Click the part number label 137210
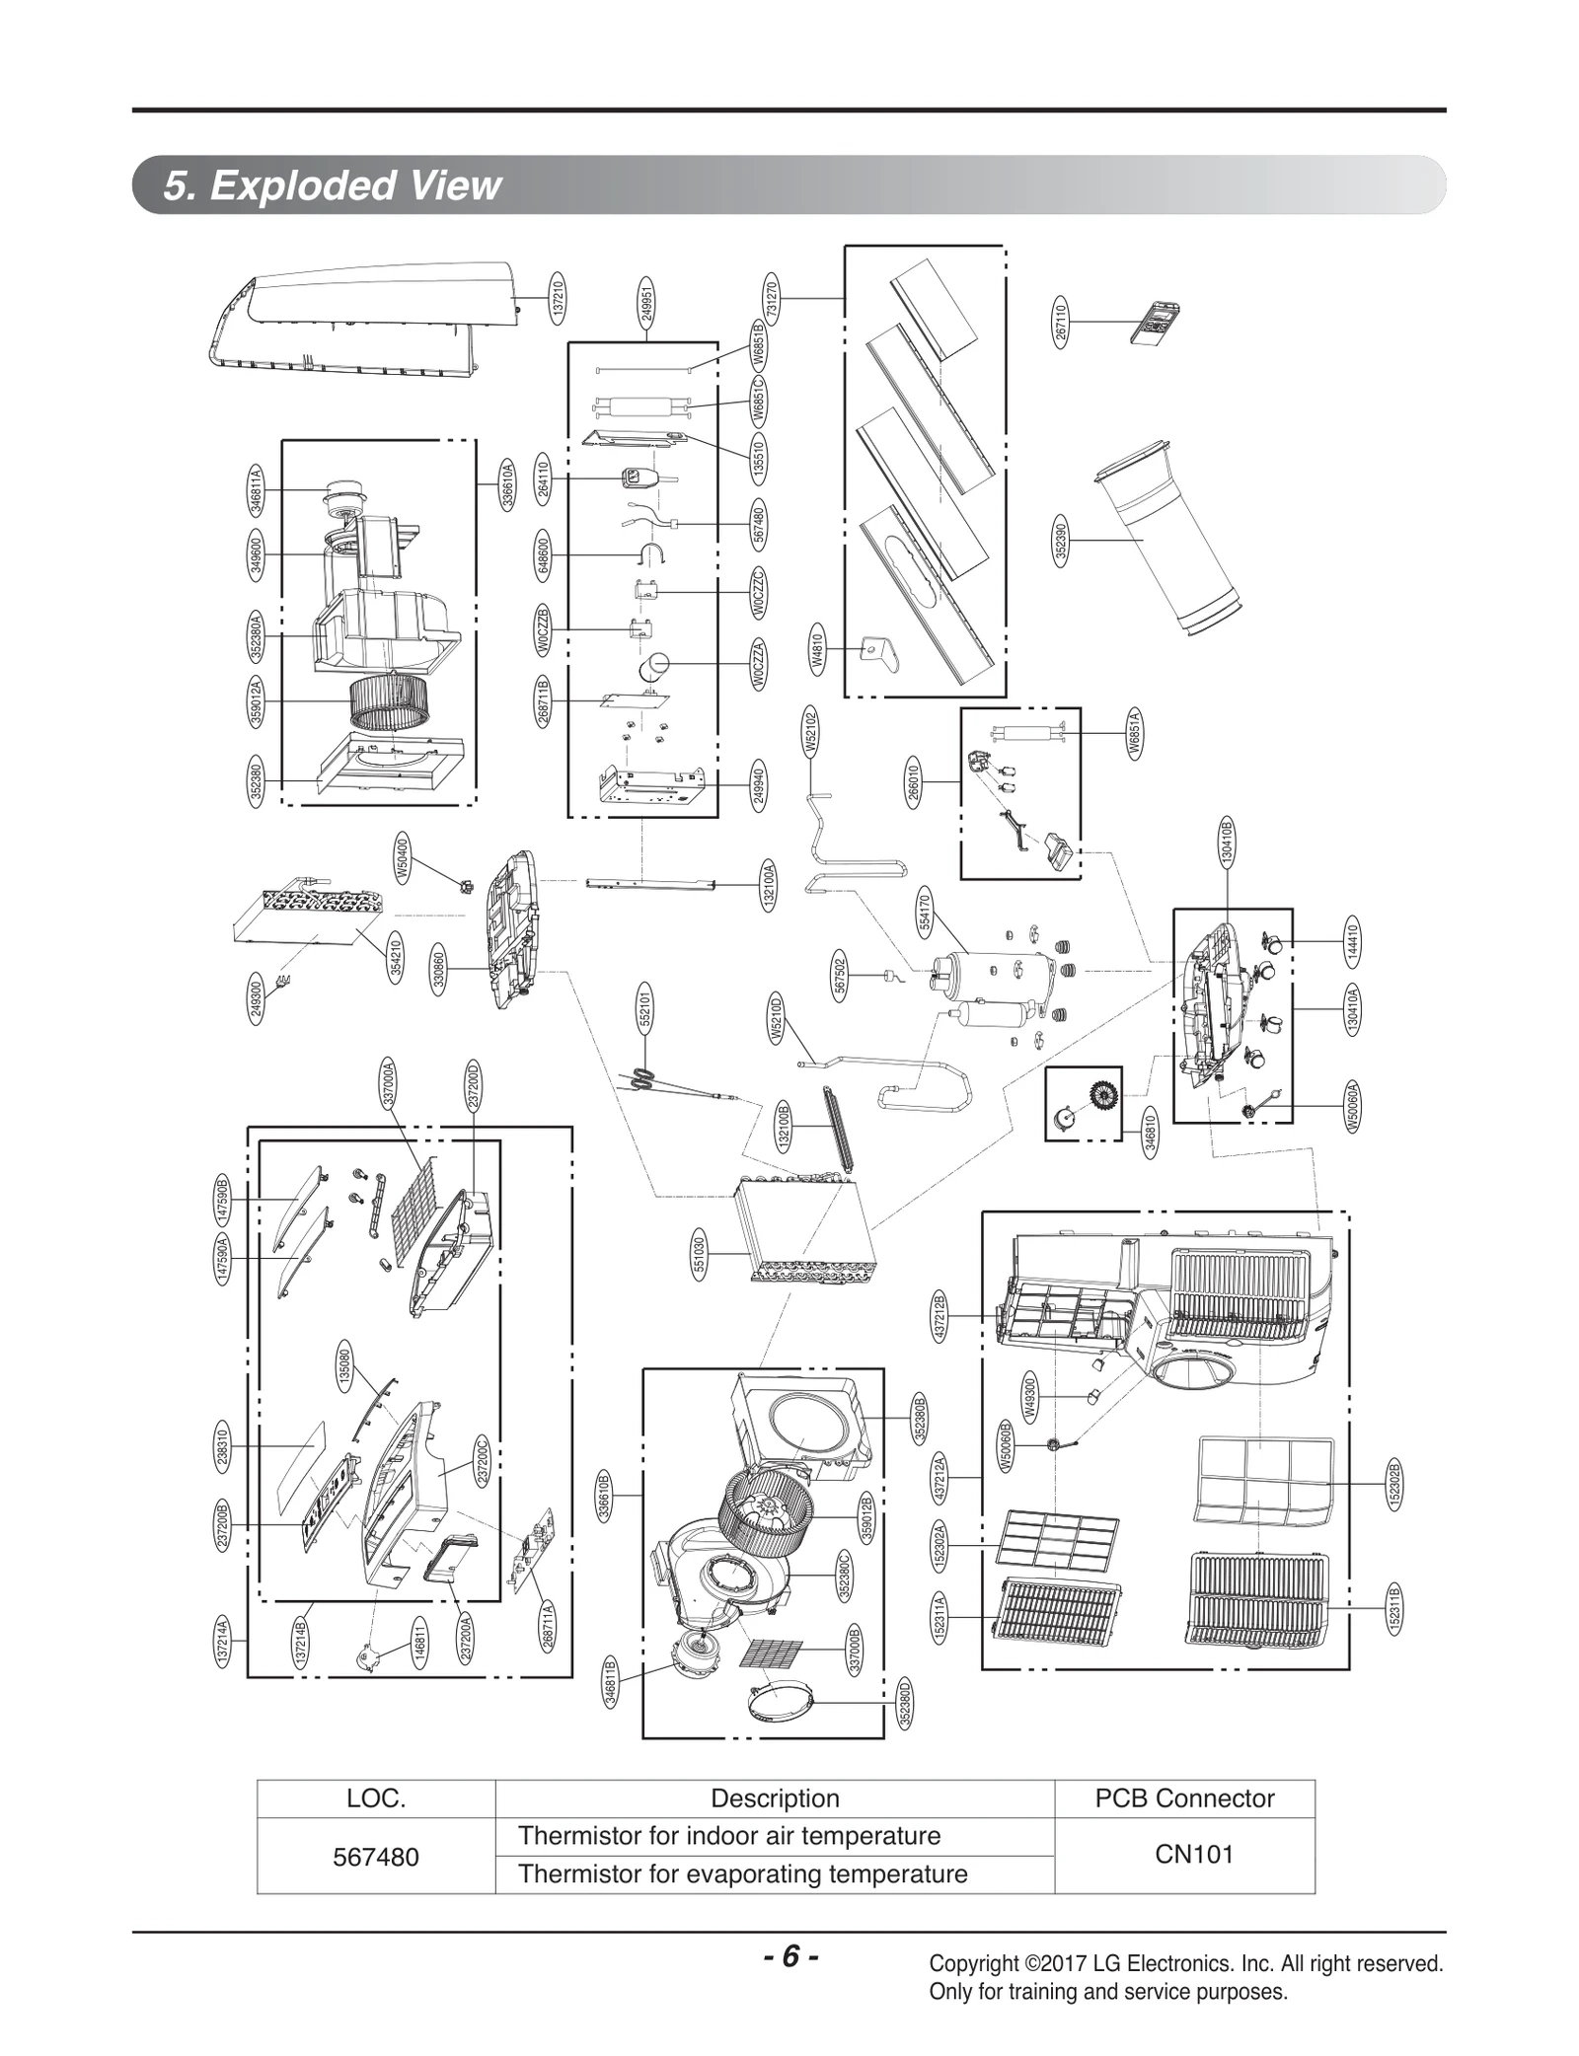(559, 297)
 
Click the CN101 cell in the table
(1193, 1854)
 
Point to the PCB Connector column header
(1184, 1798)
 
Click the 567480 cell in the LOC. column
(376, 1857)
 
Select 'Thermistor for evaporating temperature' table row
(742, 1873)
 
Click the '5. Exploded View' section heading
(333, 185)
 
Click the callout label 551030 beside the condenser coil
(699, 1254)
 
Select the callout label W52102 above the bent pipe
(811, 734)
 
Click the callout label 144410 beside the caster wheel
(1353, 941)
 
